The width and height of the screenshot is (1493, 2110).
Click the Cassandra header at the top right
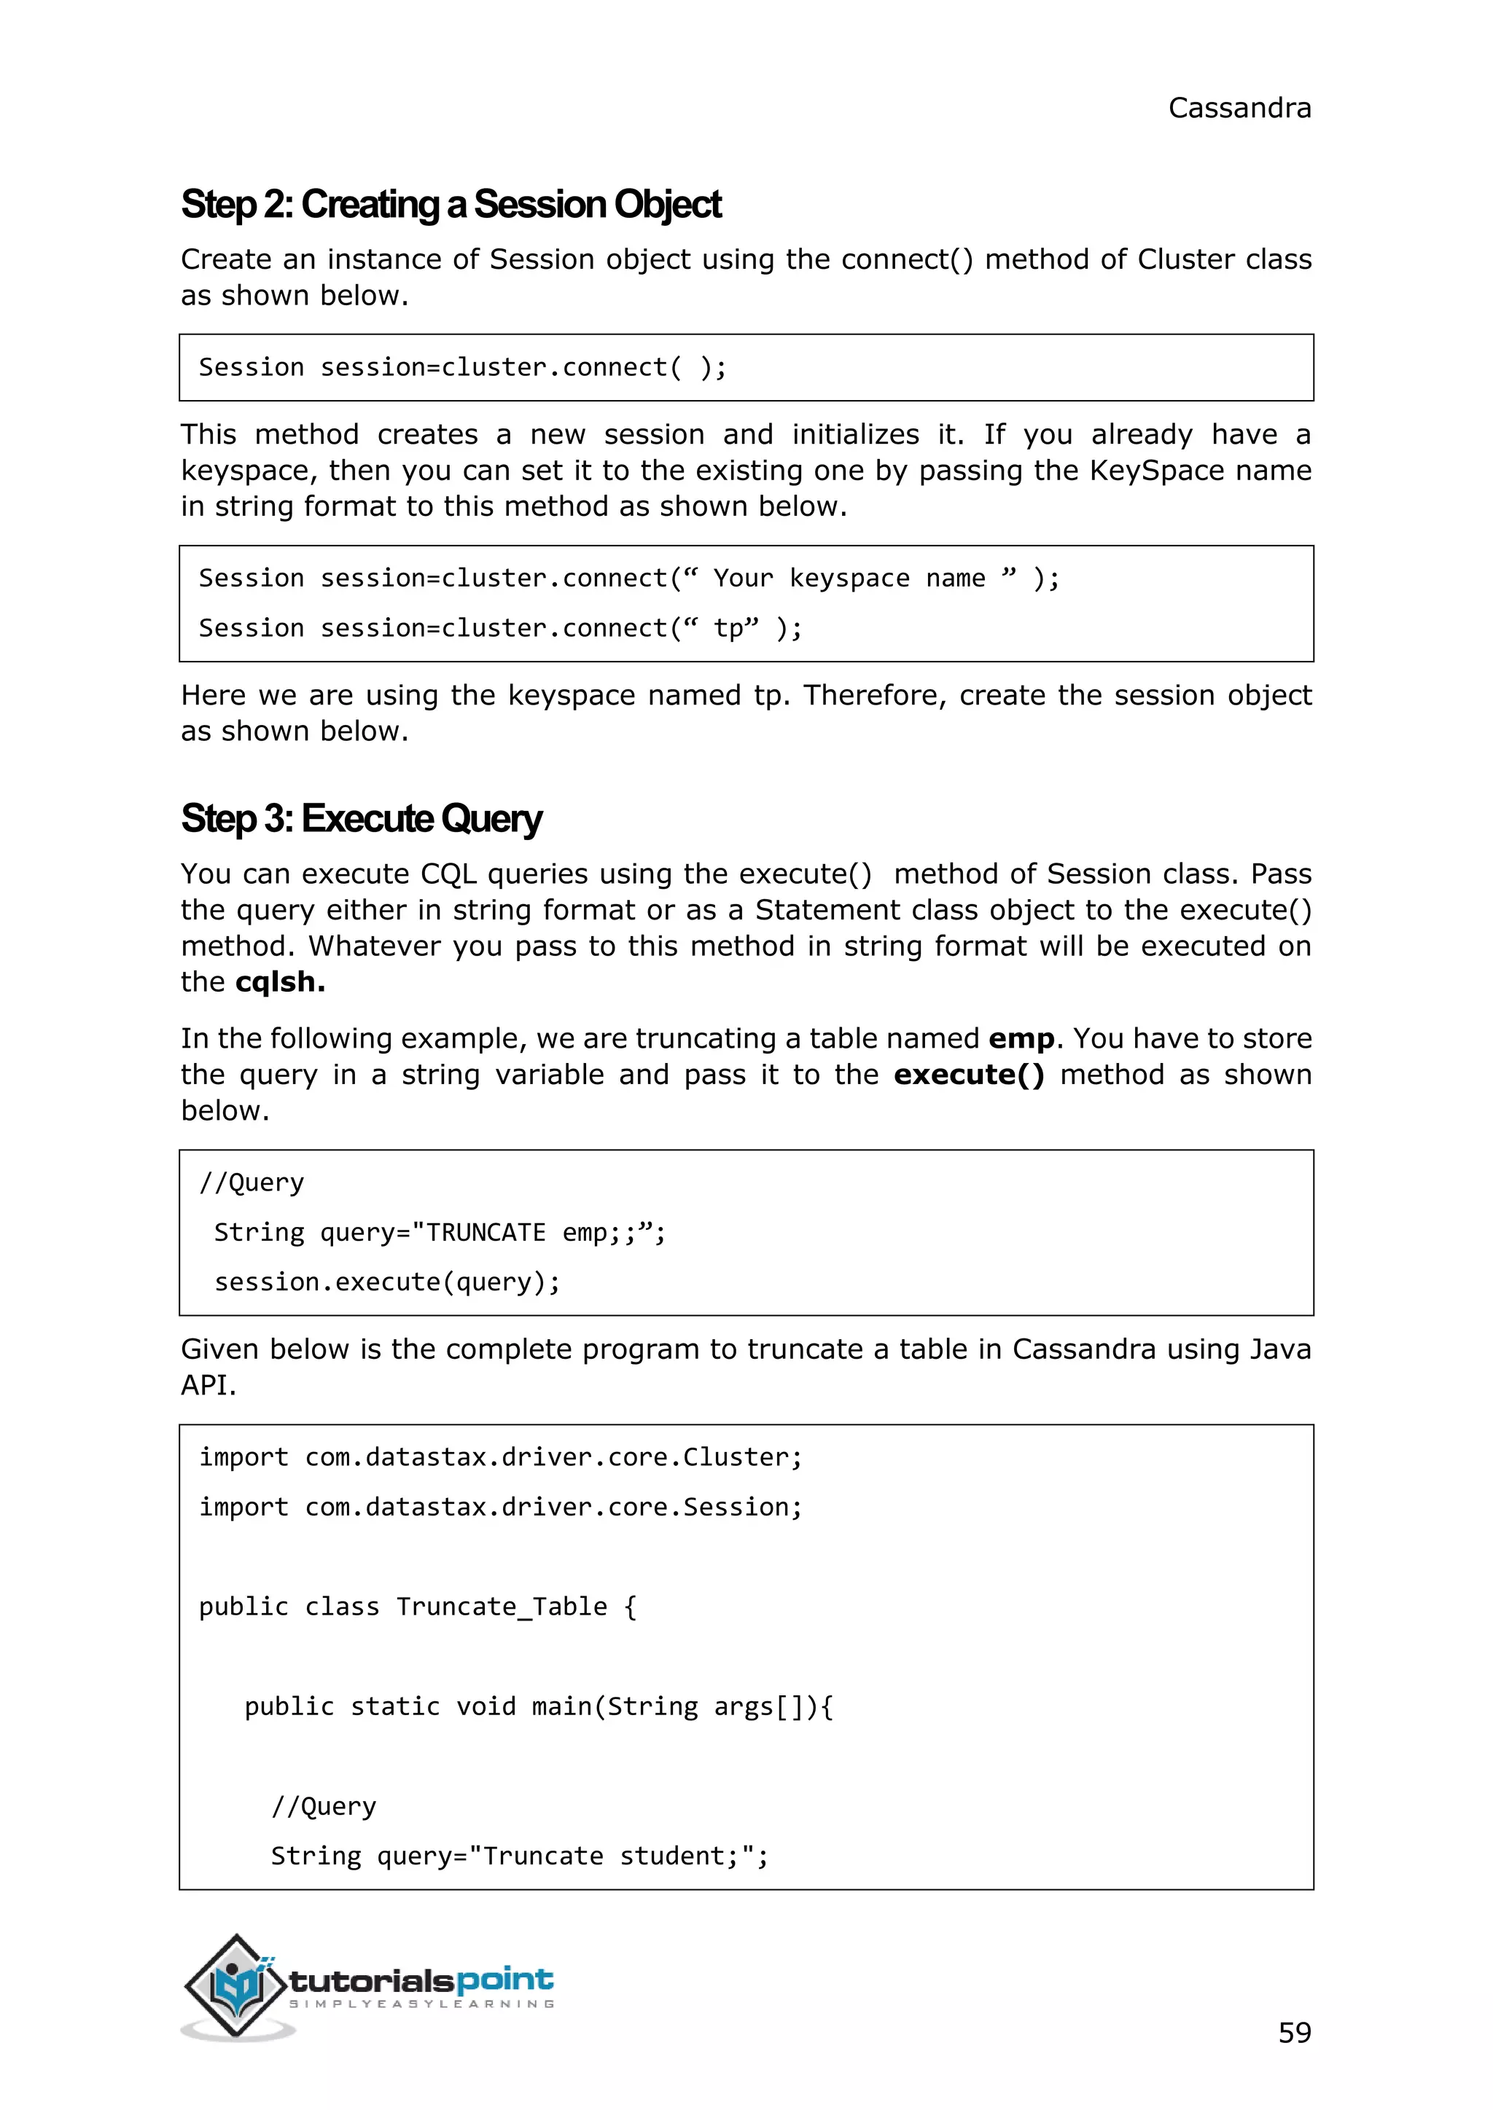coord(1239,109)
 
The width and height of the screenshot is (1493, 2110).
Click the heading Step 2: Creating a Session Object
coord(451,204)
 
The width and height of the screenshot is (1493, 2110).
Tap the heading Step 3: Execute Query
coord(362,818)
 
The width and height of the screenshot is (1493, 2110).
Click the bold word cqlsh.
coord(279,981)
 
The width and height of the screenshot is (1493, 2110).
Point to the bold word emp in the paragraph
coord(1021,1038)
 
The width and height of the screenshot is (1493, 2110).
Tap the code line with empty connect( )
coord(462,368)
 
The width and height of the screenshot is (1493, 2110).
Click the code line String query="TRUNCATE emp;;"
coord(439,1231)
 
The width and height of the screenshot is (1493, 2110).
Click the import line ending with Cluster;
coord(500,1456)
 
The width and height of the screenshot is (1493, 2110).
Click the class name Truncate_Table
coord(501,1607)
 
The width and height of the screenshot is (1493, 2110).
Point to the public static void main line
coord(538,1706)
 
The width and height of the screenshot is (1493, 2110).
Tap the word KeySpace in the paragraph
coord(1156,471)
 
